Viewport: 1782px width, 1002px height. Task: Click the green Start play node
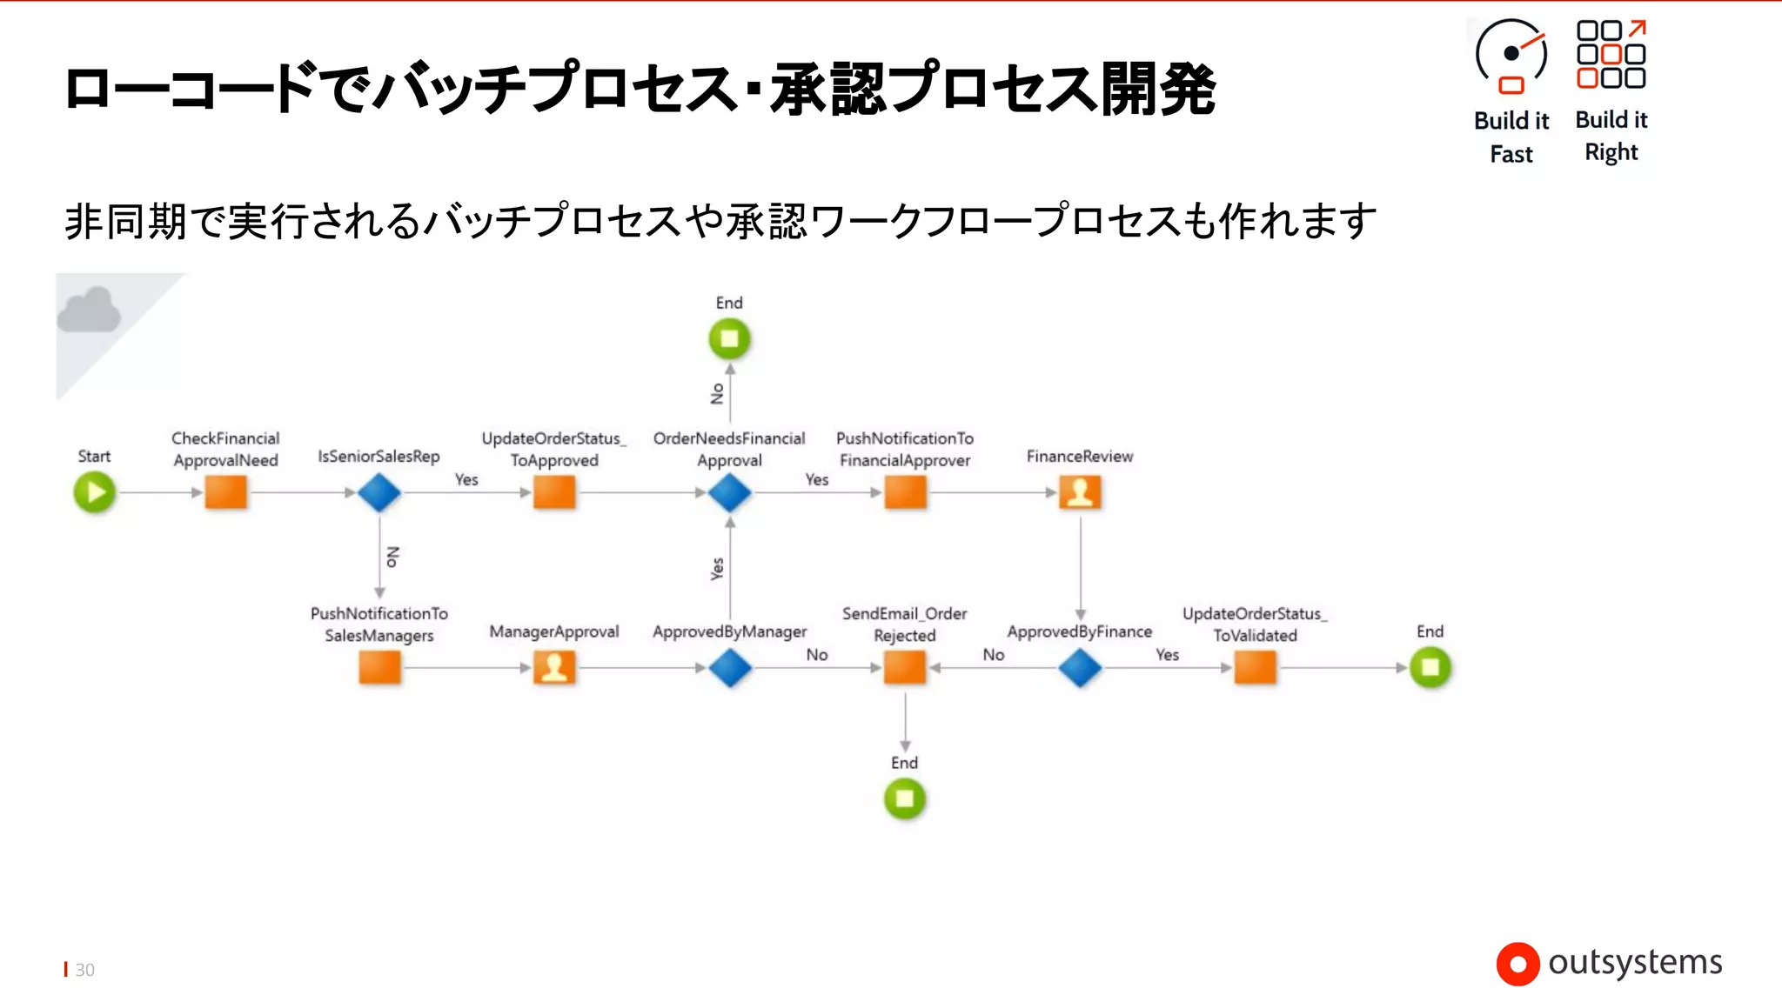click(95, 492)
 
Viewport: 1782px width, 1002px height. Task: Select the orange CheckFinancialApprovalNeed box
click(225, 492)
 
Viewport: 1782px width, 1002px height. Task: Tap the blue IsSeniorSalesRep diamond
click(379, 492)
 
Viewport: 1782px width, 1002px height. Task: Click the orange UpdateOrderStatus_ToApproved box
click(554, 492)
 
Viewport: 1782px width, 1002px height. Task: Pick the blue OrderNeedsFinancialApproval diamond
click(729, 493)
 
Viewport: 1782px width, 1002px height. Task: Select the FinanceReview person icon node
click(1080, 492)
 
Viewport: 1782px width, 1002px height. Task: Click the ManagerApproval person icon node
click(554, 668)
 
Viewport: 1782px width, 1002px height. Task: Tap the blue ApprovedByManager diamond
click(729, 668)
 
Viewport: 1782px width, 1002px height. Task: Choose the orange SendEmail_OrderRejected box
click(905, 668)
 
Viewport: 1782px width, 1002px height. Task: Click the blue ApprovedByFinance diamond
click(1080, 668)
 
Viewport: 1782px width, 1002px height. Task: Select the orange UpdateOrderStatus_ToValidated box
click(1255, 668)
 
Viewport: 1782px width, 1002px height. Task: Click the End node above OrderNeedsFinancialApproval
click(729, 338)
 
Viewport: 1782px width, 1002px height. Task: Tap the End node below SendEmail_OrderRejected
click(905, 798)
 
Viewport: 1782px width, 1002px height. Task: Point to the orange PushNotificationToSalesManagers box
click(379, 668)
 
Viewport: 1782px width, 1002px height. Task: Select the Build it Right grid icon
click(1611, 54)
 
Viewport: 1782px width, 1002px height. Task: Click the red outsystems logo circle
click(1517, 964)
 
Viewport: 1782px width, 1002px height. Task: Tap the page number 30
click(84, 970)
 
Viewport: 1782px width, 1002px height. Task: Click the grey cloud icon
click(89, 311)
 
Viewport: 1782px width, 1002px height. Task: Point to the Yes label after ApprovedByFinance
click(1167, 655)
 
